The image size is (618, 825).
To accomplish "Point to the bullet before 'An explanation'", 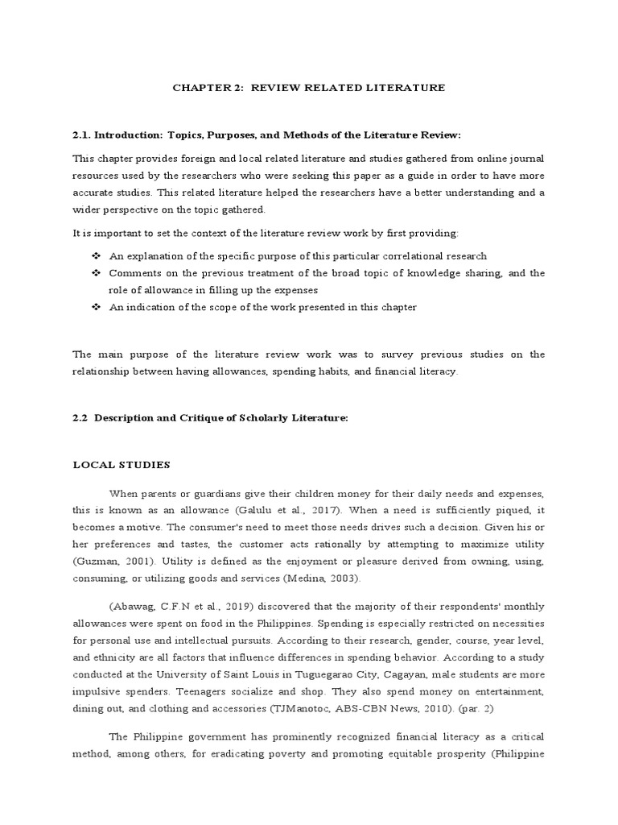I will point(96,256).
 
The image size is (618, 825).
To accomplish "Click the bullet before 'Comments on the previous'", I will point(96,274).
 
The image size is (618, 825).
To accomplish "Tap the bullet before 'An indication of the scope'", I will point(96,308).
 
